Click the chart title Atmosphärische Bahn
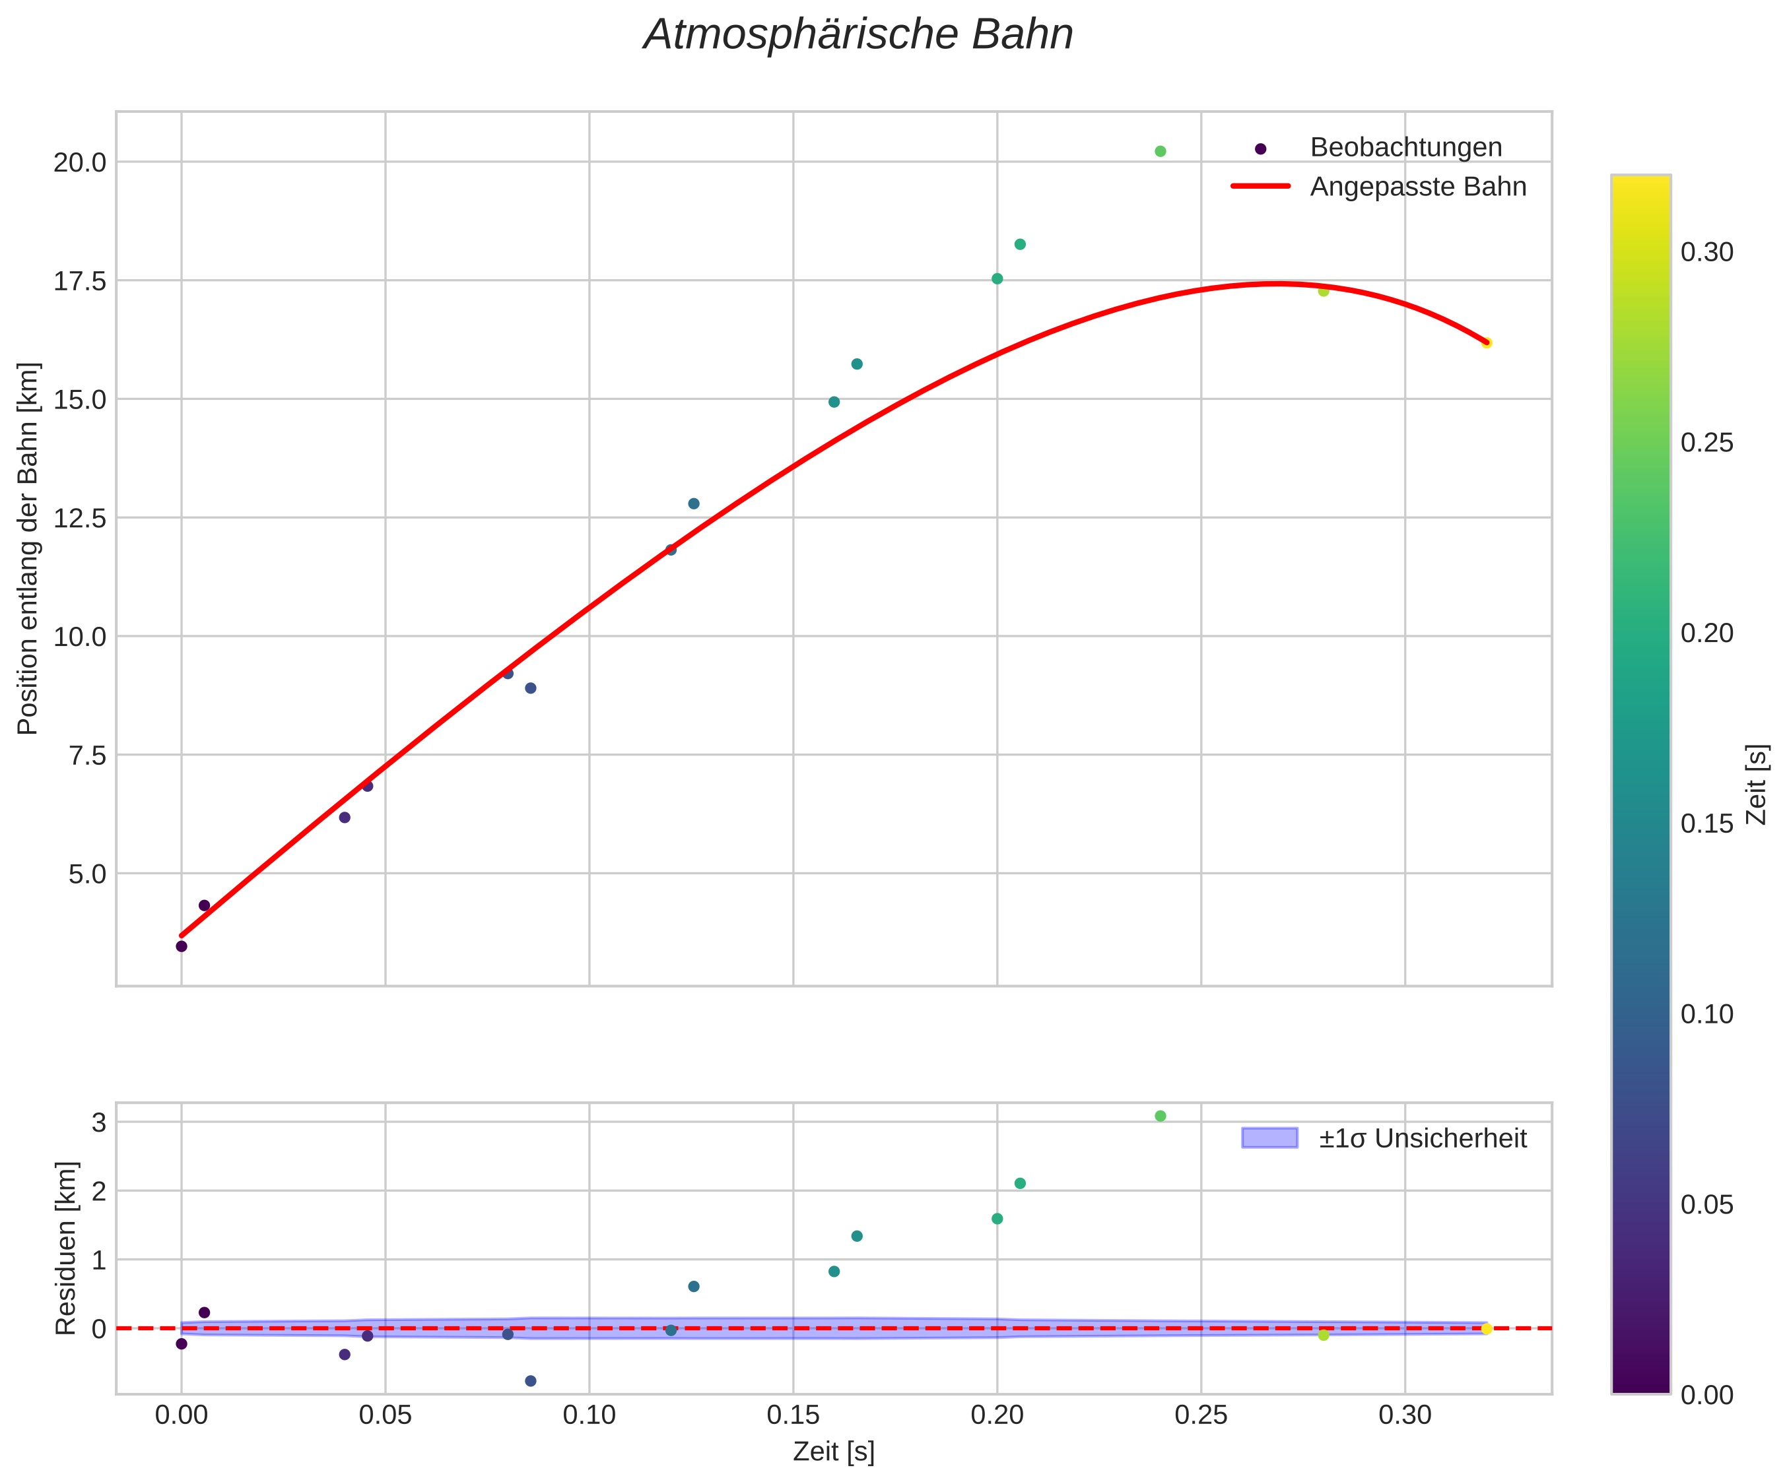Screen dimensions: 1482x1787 point(858,36)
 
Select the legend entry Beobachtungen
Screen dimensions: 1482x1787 point(1406,148)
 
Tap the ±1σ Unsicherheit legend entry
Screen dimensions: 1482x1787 point(1423,1138)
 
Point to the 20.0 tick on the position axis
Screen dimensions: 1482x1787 point(80,162)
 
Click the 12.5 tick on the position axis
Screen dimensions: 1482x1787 point(80,518)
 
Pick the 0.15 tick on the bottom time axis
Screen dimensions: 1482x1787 point(793,1415)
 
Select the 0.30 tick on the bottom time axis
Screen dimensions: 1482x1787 point(1405,1415)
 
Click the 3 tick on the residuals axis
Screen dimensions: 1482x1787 point(99,1123)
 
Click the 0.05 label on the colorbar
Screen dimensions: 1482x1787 point(1707,1205)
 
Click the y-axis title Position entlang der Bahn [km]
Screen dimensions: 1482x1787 point(28,549)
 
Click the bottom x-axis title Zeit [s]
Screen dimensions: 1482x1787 point(833,1452)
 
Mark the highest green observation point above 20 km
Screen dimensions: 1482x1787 point(1160,151)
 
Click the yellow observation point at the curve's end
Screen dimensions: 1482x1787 point(1486,343)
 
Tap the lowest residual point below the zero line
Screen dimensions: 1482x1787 point(530,1381)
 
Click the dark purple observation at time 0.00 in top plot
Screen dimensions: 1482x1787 point(182,946)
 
